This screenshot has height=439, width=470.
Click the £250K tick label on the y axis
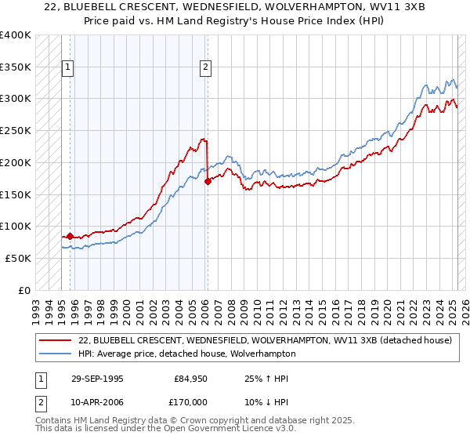coord(16,131)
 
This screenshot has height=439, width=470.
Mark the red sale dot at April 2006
coord(208,181)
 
